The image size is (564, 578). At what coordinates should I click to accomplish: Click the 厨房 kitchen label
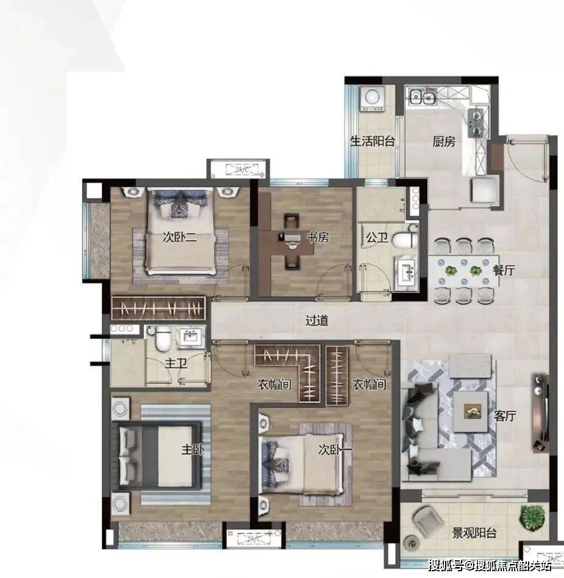pyautogui.click(x=444, y=141)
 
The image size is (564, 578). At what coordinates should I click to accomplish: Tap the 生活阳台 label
pyautogui.click(x=373, y=141)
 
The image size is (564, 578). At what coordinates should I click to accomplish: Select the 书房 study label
pyautogui.click(x=318, y=237)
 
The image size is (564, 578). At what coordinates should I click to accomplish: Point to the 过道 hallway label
pyautogui.click(x=316, y=320)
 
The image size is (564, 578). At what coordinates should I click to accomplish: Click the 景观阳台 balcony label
pyautogui.click(x=474, y=533)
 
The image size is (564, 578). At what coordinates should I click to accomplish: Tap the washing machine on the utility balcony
pyautogui.click(x=372, y=99)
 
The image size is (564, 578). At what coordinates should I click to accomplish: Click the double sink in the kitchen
pyautogui.click(x=422, y=97)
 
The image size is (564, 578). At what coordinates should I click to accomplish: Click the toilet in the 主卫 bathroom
pyautogui.click(x=162, y=340)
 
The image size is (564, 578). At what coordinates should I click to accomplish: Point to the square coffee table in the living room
pyautogui.click(x=470, y=411)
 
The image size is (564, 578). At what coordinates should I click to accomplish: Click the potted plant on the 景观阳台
pyautogui.click(x=532, y=518)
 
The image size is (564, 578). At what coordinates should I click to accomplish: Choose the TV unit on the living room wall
pyautogui.click(x=539, y=413)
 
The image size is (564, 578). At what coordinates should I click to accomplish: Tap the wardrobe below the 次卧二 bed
pyautogui.click(x=158, y=308)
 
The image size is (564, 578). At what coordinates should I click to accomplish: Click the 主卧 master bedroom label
pyautogui.click(x=192, y=449)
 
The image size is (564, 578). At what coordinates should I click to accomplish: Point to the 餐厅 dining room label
pyautogui.click(x=504, y=270)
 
